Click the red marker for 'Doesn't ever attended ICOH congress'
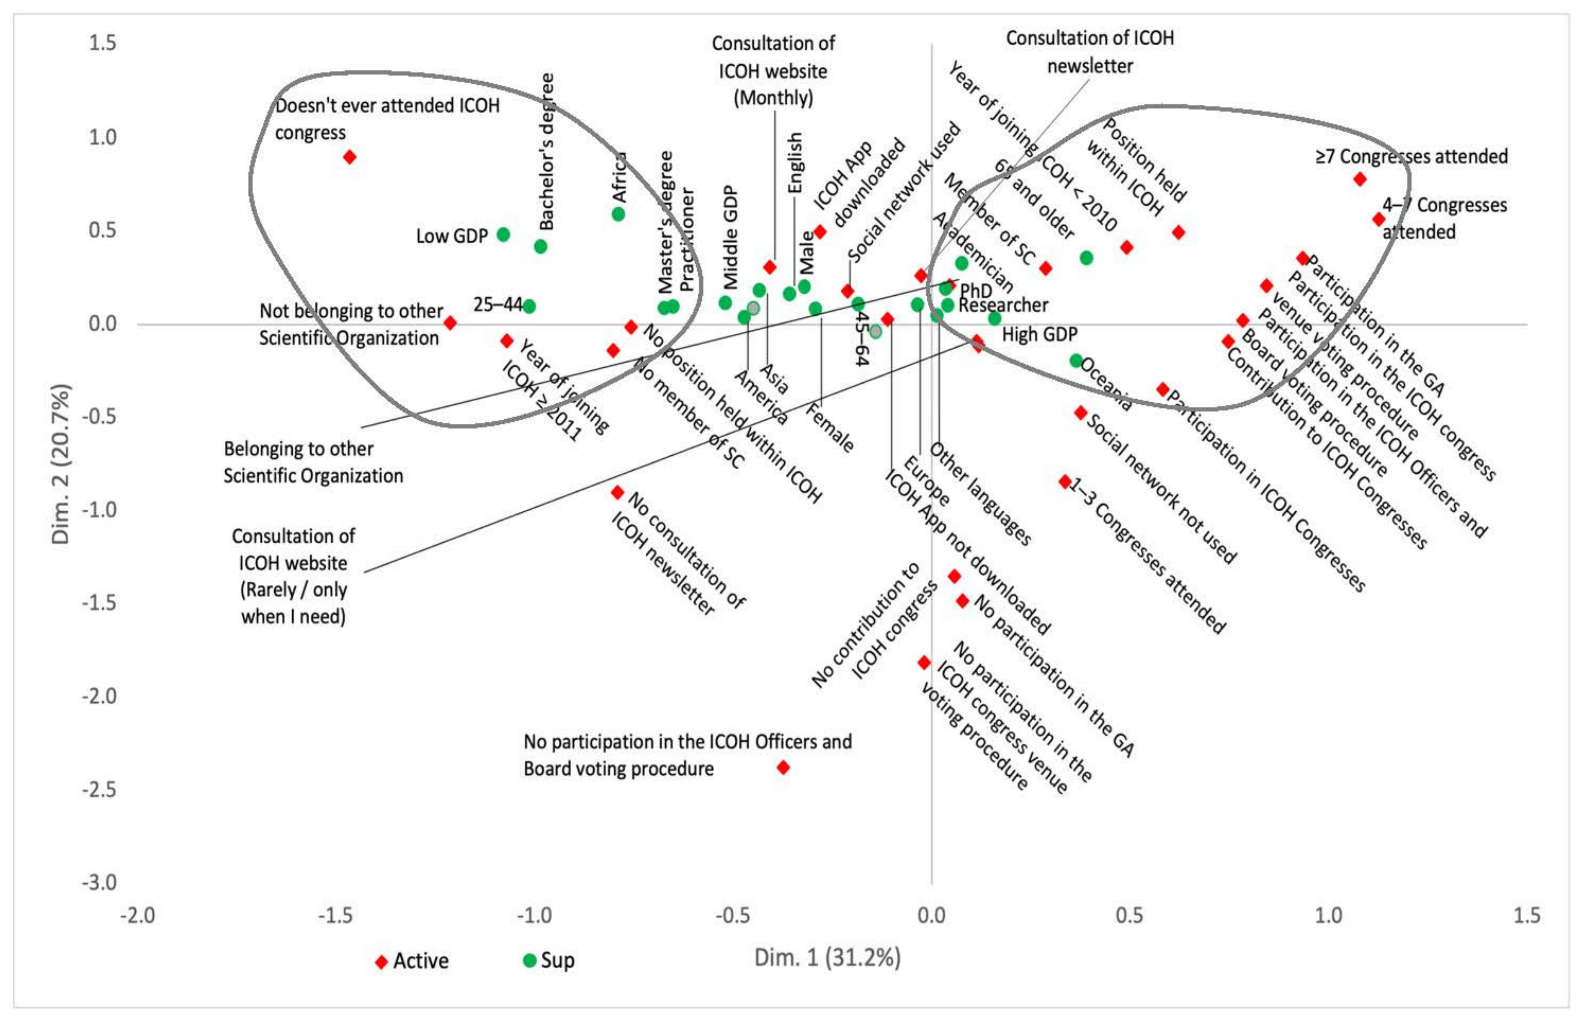point(349,157)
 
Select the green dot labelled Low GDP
point(504,235)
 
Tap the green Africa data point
point(618,214)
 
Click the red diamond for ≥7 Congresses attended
point(1360,179)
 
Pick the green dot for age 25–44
point(529,306)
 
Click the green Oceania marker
point(1076,360)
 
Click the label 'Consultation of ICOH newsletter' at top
point(1090,52)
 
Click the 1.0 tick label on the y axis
point(103,137)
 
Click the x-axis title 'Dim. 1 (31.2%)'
point(827,957)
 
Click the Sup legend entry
point(548,960)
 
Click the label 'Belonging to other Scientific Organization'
point(313,462)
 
